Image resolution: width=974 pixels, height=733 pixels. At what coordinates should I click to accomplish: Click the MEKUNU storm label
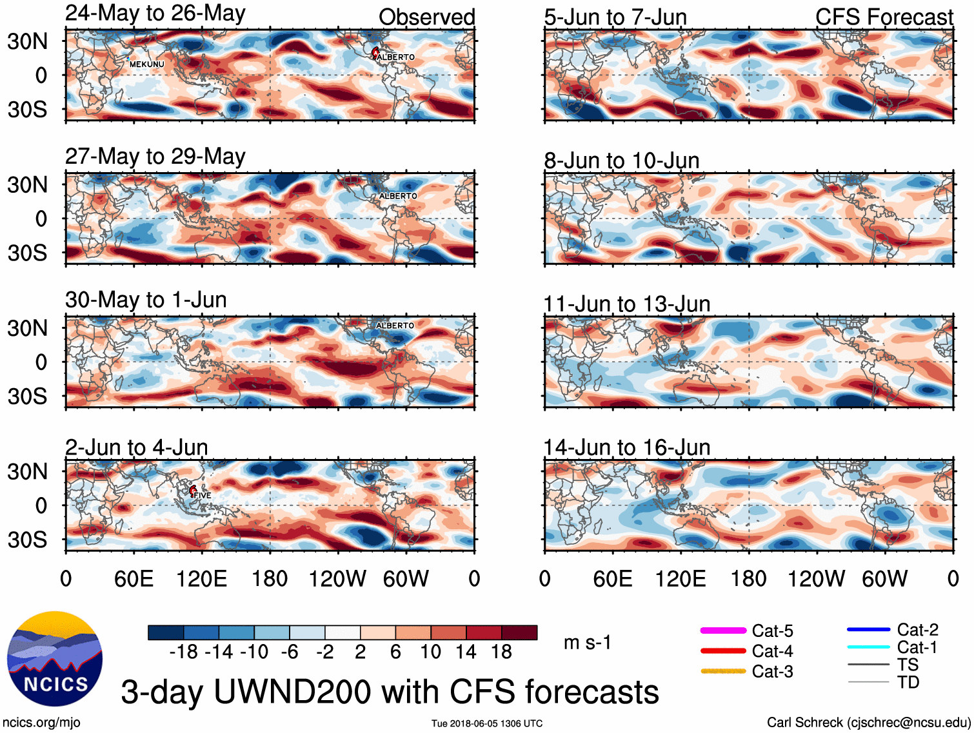[146, 64]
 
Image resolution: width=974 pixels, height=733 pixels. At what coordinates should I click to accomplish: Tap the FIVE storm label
[203, 495]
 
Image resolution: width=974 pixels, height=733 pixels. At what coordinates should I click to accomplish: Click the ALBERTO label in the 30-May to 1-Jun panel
[395, 326]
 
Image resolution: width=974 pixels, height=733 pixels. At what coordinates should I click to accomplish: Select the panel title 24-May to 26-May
[155, 14]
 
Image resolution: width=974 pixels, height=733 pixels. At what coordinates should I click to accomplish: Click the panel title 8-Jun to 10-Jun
[622, 160]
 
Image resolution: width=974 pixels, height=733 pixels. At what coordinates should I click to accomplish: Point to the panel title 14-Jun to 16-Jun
[626, 447]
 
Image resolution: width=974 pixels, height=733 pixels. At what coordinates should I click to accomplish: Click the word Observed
[426, 17]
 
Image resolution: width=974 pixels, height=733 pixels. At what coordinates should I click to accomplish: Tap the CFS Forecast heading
[884, 17]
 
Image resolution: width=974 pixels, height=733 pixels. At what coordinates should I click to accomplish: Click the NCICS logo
[55, 658]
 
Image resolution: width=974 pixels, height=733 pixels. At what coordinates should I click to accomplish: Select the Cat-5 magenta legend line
[723, 630]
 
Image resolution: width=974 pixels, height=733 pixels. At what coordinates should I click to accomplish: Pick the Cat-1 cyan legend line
[868, 647]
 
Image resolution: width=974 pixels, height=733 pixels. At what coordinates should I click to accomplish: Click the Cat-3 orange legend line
[723, 671]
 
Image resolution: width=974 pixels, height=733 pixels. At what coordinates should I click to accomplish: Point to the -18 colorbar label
[183, 652]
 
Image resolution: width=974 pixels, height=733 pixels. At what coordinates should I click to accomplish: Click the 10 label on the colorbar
[430, 652]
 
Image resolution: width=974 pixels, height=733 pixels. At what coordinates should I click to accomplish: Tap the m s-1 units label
[587, 643]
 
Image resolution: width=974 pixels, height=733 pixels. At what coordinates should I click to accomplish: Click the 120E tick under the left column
[202, 578]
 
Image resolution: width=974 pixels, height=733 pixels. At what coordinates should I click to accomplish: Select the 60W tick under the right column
[884, 578]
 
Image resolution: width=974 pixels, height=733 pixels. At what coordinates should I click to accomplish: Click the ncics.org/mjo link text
[41, 723]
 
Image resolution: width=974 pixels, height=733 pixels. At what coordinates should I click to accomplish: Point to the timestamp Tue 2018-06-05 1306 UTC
[487, 723]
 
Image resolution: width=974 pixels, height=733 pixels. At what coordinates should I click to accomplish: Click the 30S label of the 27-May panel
[28, 253]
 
